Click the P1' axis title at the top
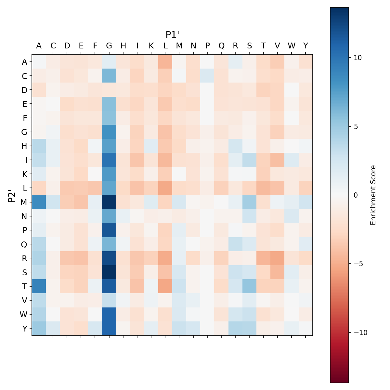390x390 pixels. pyautogui.click(x=173, y=35)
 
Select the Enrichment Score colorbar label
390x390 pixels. pyautogui.click(x=373, y=195)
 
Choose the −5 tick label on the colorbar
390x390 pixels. pyautogui.click(x=357, y=264)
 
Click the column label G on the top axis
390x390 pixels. pyautogui.click(x=109, y=46)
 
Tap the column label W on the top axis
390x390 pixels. pyautogui.click(x=292, y=46)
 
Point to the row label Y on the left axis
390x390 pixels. pyautogui.click(x=24, y=329)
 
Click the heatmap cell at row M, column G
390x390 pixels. pyautogui.click(x=109, y=202)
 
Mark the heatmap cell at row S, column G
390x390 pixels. pyautogui.click(x=109, y=272)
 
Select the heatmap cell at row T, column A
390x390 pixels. pyautogui.click(x=39, y=286)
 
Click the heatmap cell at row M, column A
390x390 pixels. pyautogui.click(x=39, y=202)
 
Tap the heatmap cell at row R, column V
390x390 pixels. pyautogui.click(x=278, y=258)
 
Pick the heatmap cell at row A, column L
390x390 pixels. pyautogui.click(x=165, y=62)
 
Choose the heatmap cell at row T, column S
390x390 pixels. pyautogui.click(x=250, y=286)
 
